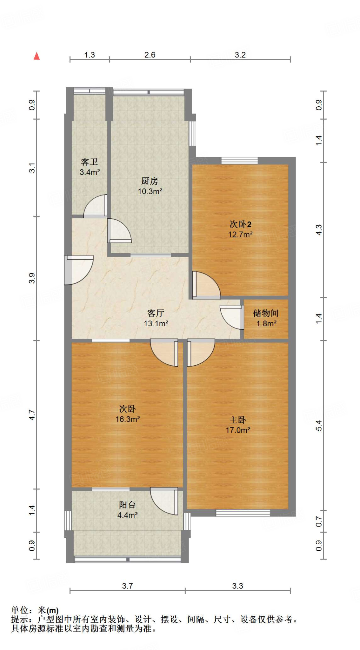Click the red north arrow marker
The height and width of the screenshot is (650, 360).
click(37, 56)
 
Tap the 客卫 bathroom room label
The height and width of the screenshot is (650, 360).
click(89, 162)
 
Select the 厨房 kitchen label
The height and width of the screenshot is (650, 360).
click(150, 181)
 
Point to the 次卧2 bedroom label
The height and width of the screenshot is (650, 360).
click(240, 224)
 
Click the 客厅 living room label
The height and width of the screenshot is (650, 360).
click(156, 313)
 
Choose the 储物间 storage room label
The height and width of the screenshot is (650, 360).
click(266, 313)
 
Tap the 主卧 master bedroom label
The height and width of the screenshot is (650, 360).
click(237, 420)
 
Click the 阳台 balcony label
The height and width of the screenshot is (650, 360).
click(127, 505)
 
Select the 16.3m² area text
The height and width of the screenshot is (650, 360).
click(128, 419)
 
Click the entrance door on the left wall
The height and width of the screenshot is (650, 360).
click(79, 270)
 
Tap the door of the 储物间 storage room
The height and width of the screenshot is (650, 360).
click(232, 317)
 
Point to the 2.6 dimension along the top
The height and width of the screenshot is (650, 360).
click(150, 55)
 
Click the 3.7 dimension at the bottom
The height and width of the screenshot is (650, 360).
click(127, 586)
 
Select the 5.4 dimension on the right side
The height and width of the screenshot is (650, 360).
click(319, 425)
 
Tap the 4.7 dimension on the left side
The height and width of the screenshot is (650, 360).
click(32, 415)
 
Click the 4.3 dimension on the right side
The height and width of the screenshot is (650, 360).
click(319, 230)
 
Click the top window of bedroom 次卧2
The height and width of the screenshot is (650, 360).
click(240, 161)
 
